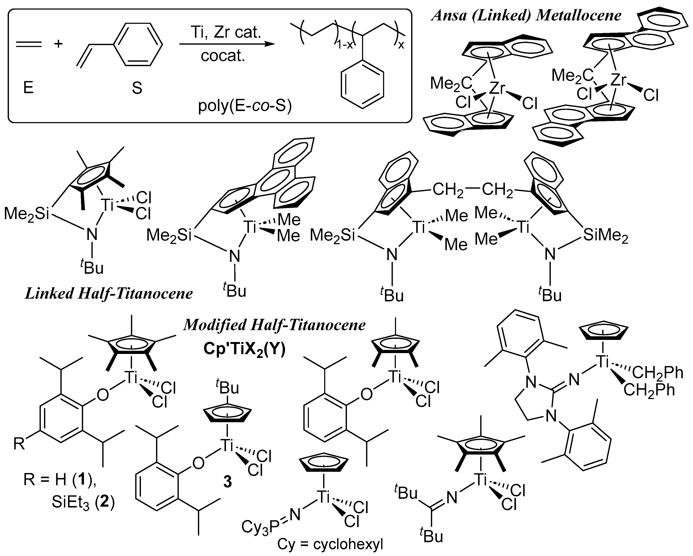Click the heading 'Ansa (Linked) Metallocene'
click(526, 16)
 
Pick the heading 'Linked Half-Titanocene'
click(109, 294)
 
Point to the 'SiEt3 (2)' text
click(83, 502)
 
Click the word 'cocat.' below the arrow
click(223, 56)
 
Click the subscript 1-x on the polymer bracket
click(345, 45)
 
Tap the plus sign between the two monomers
click(58, 44)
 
